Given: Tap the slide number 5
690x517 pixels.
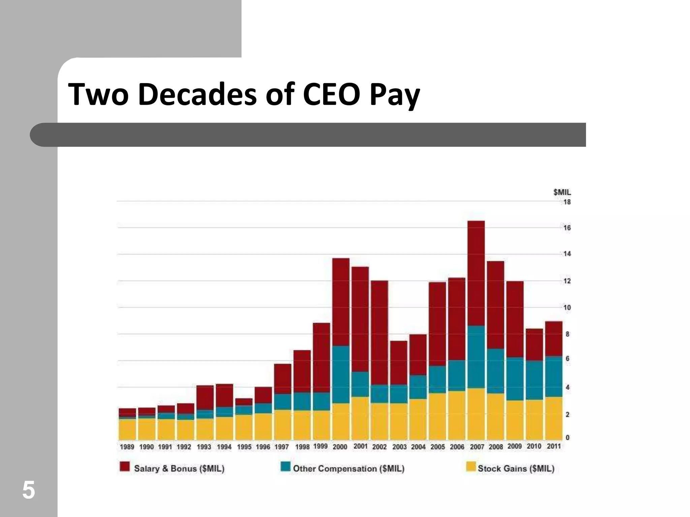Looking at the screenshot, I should pos(28,490).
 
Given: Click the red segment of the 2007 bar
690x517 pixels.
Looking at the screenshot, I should pos(476,273).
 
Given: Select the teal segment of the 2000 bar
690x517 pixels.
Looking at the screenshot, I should pos(341,374).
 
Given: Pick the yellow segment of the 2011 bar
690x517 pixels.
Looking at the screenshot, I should pos(554,418).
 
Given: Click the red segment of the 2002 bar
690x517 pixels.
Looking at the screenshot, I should pos(379,333).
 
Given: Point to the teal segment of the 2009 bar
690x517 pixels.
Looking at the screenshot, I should pos(515,379).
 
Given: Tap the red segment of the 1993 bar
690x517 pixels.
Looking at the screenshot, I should pos(205,398).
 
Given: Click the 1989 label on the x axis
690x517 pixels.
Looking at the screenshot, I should pos(127,447).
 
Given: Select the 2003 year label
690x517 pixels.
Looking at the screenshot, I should pos(399,447).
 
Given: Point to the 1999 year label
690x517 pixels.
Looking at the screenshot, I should pos(320,446).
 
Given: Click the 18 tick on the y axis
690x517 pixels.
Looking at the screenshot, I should pos(567,202).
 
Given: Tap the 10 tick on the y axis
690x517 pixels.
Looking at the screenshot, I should pos(567,308).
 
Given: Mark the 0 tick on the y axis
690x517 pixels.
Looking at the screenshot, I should pos(567,438).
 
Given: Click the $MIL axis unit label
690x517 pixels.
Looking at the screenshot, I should pos(562,192).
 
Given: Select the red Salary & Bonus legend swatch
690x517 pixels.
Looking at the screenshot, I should pos(125,467).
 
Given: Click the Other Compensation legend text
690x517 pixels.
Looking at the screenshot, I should pos(348,469).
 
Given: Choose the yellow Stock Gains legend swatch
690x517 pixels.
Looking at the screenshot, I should pos(471,467).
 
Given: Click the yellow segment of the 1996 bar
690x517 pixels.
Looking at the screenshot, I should pos(263,426).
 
